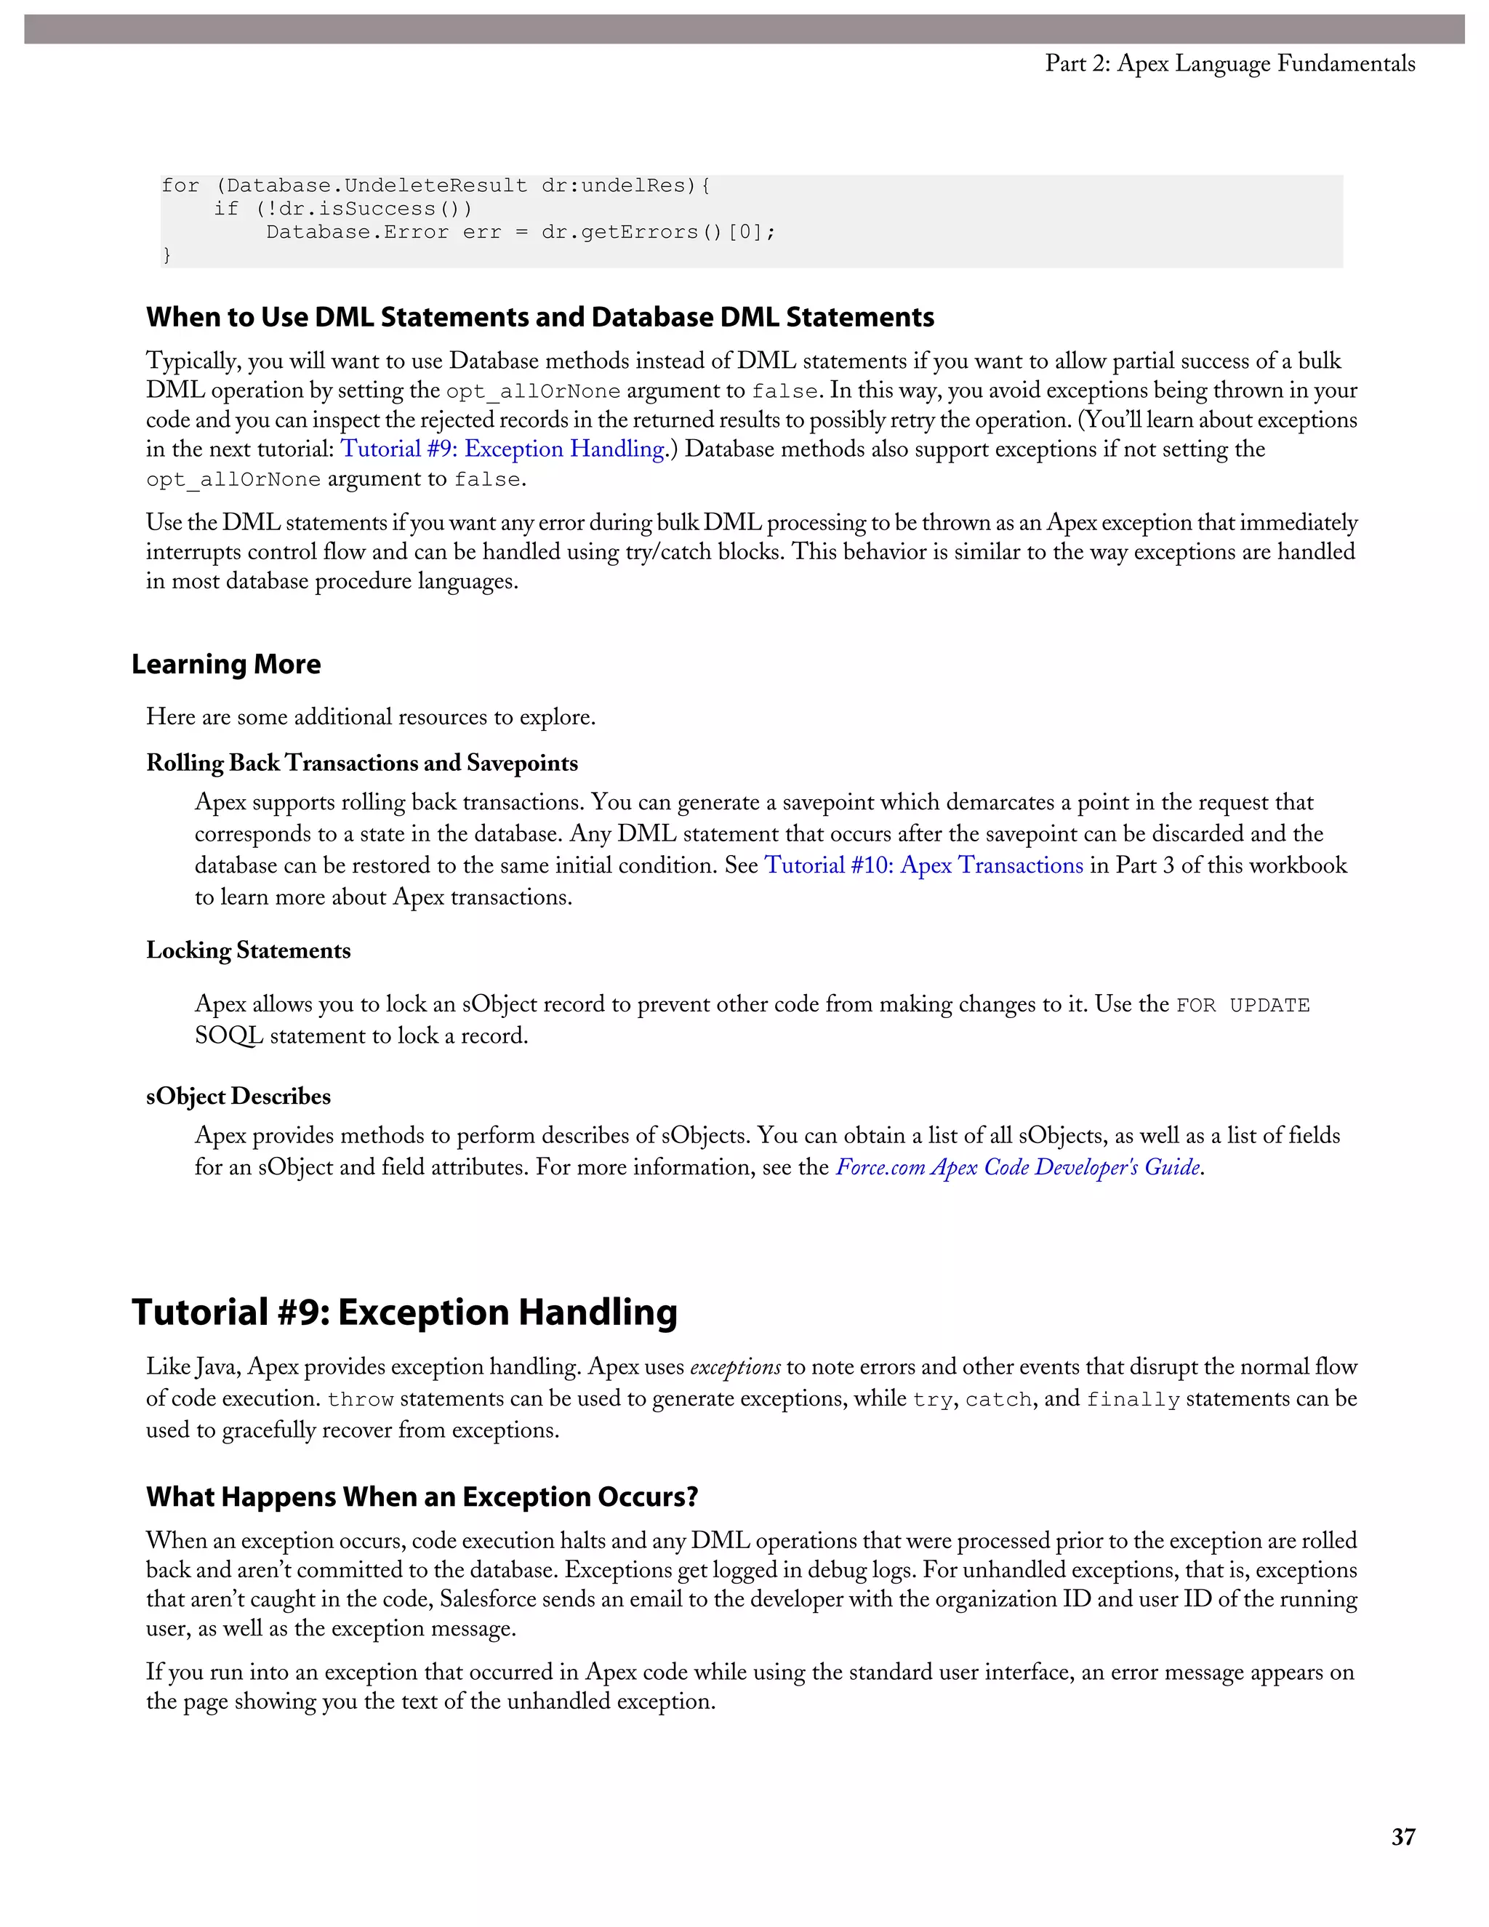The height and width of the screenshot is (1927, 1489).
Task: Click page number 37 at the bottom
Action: click(1402, 1837)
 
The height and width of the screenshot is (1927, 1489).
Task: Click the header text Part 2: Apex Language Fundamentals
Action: click(1229, 63)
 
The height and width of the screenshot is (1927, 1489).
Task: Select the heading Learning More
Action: click(226, 665)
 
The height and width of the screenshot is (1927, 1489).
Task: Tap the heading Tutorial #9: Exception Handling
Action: click(404, 1312)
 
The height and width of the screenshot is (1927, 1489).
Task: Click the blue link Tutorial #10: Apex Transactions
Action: click(923, 865)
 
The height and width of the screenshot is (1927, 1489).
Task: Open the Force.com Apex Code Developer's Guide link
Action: click(1018, 1167)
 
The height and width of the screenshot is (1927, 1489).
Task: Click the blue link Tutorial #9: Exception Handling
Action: click(502, 449)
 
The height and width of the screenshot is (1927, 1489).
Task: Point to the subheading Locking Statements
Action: click(248, 950)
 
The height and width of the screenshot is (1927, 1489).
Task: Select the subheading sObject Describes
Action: click(238, 1096)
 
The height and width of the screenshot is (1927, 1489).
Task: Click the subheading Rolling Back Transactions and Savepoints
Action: click(361, 764)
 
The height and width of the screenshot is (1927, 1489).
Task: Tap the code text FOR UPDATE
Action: click(1242, 1006)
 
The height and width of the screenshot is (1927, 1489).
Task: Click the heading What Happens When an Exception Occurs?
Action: click(422, 1497)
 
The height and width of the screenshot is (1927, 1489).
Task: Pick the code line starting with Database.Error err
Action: click(521, 232)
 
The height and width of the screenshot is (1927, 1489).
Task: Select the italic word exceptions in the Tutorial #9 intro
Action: click(735, 1368)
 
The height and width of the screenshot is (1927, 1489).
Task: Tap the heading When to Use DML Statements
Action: click(540, 318)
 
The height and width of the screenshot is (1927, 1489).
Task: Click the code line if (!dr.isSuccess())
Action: click(342, 209)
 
